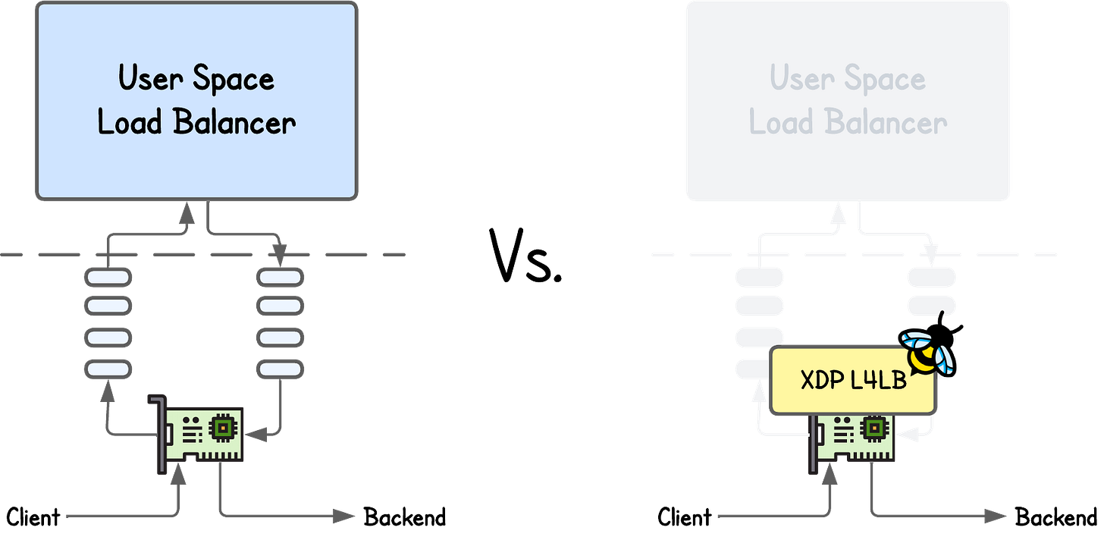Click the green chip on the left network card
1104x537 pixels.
pos(221,429)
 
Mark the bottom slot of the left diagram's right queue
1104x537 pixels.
pos(281,369)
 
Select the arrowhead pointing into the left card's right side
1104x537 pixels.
pos(258,435)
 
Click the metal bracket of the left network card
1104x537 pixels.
pos(160,432)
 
